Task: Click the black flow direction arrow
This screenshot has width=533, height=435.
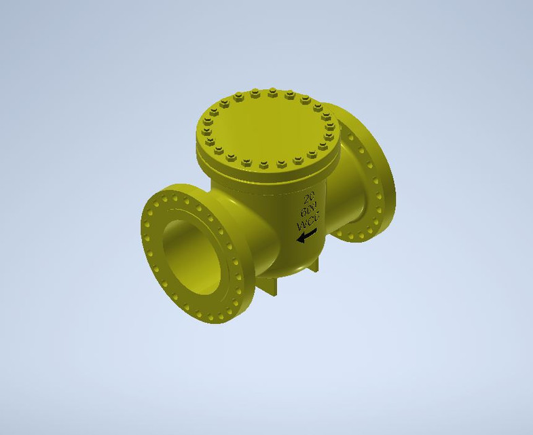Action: point(307,235)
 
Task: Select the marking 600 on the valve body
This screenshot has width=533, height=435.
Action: point(310,210)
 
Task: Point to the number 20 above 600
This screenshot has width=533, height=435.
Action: point(311,198)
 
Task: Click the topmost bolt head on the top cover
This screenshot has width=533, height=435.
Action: point(272,90)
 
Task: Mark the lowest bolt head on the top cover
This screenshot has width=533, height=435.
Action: point(264,164)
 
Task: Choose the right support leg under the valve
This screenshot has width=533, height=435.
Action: point(315,265)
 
